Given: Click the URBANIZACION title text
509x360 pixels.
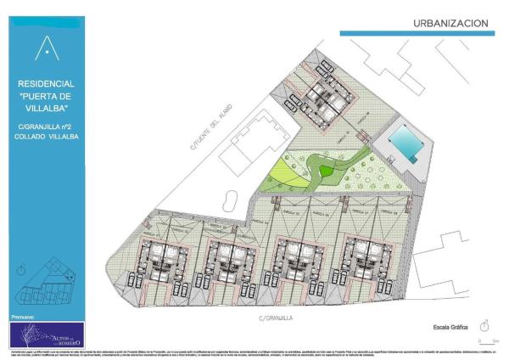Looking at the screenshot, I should (x=450, y=23).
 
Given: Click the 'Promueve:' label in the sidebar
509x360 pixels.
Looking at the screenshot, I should (x=25, y=314).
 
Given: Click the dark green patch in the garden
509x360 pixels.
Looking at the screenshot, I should (x=326, y=172).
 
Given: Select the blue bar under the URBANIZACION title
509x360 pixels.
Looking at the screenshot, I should (x=417, y=33).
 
